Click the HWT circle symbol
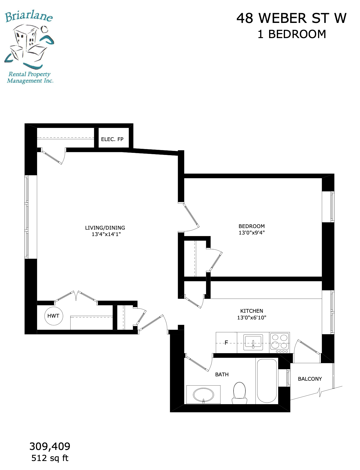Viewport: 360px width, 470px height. coord(53,316)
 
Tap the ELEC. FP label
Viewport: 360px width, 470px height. coord(112,139)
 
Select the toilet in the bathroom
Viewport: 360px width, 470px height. coord(239,393)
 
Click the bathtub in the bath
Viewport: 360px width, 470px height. coord(267,381)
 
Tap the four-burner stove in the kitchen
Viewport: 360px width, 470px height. coord(280,343)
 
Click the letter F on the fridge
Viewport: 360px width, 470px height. coord(226,343)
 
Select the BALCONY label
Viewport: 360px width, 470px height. coord(310,379)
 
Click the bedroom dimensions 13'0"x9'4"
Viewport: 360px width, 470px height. coord(252,233)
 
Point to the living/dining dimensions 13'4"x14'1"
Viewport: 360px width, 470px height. coord(106,234)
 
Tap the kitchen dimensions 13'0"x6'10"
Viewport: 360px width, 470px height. coord(252,317)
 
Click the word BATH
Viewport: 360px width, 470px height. coord(222,375)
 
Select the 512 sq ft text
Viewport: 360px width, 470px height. coord(50,458)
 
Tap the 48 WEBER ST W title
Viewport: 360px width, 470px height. coord(292,18)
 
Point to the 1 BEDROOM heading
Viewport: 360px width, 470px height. coord(292,34)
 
